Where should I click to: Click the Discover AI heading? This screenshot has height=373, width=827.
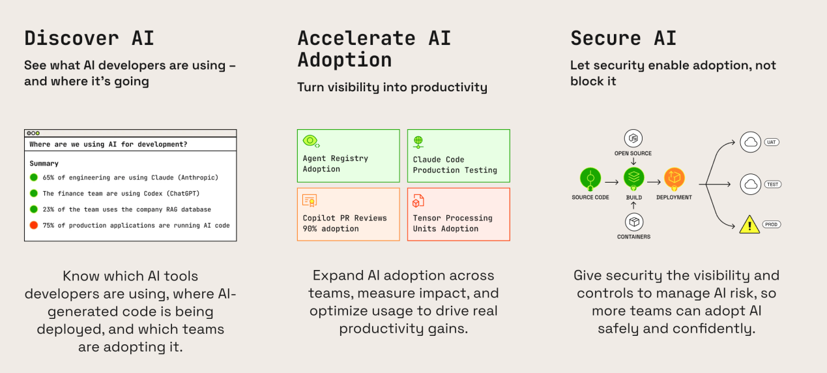point(89,38)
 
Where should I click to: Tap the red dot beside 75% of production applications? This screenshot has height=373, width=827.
point(34,225)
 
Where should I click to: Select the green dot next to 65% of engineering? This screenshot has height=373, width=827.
point(34,177)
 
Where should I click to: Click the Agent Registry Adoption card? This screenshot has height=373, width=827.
point(349,156)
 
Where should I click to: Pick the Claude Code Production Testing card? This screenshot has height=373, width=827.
point(459,156)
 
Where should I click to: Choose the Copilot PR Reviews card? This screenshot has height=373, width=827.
point(349,215)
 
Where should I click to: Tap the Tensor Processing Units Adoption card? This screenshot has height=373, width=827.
point(459,215)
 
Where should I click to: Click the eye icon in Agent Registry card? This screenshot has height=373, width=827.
point(311,141)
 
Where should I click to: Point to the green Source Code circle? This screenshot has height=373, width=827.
point(590,179)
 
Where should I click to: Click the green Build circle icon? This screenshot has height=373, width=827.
point(634,178)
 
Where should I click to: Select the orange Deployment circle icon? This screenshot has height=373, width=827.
point(675,178)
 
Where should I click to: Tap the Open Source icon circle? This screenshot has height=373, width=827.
point(633,138)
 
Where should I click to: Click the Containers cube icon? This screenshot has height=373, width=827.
point(634,222)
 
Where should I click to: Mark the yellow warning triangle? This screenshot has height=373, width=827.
point(749,224)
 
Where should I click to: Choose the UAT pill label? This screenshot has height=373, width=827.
point(772,142)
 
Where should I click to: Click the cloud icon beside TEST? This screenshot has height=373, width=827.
point(751,184)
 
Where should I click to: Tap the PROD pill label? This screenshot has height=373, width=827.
point(772,224)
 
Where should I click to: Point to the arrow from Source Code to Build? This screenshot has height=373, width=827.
point(612,182)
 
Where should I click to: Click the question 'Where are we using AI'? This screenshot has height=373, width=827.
point(109,144)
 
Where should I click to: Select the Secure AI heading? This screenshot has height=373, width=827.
point(624,38)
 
